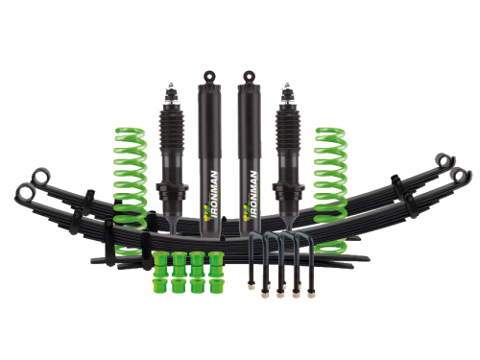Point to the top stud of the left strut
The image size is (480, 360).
point(171,86)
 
